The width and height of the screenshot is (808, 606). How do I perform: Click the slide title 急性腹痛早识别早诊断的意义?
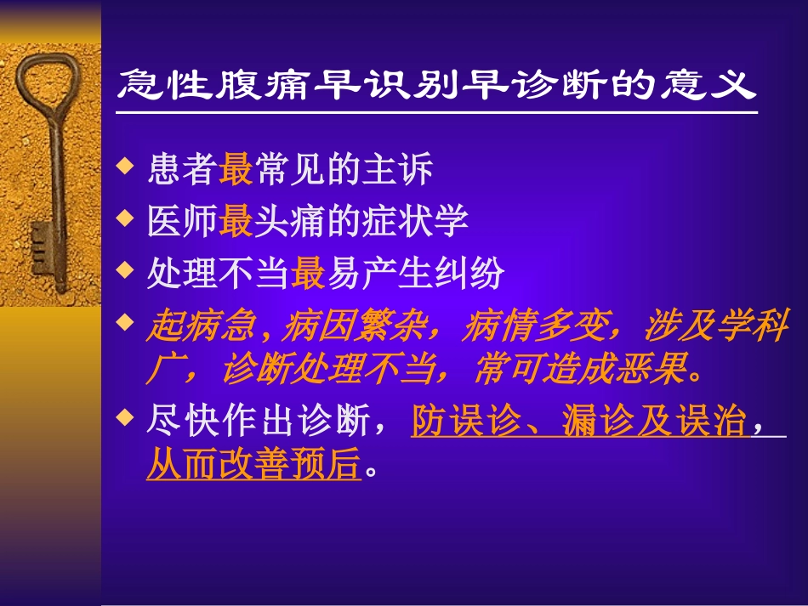coord(435,85)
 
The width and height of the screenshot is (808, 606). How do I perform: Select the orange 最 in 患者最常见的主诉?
coord(236,170)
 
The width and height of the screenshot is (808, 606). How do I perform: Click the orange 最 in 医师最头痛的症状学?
coord(236,222)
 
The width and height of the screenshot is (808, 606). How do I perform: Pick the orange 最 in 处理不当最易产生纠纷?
coord(308,274)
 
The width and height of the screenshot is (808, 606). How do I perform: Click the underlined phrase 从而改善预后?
coord(253,465)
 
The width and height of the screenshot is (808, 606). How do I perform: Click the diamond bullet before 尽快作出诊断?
coord(125,417)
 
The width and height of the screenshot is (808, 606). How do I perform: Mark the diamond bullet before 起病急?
coord(125,321)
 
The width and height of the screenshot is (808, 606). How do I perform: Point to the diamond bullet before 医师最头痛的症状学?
coord(125,218)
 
